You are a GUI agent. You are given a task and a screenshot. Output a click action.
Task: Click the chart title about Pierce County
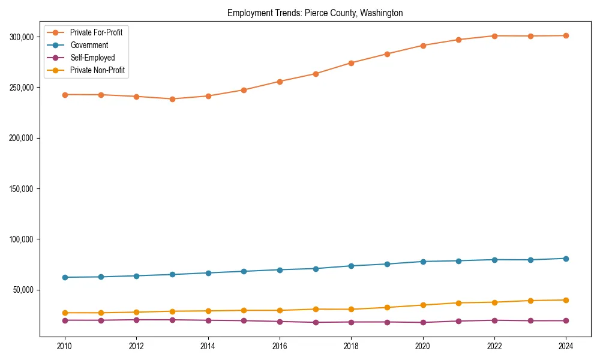pos(315,13)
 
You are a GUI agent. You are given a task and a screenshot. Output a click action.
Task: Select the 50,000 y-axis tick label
pos(23,290)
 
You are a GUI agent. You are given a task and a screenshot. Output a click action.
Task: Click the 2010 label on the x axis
pos(65,346)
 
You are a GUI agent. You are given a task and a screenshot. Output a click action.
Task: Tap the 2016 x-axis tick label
pos(280,346)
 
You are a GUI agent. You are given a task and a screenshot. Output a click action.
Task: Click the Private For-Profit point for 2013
pos(172,99)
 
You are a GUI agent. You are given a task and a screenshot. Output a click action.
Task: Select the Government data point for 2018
pos(351,266)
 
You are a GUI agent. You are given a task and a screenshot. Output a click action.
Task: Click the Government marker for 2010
pos(65,277)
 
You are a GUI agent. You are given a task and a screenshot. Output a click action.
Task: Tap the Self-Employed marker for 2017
pos(316,322)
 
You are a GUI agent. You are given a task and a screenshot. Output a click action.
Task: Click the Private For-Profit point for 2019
pos(387,54)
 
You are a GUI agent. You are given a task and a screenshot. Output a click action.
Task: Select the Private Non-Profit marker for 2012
pos(136,312)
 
